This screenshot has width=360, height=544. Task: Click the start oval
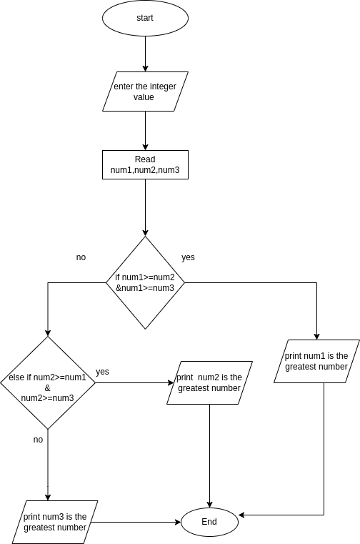pos(145,19)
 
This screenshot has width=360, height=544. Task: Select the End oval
pos(209,522)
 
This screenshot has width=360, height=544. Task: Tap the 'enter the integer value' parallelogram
pos(145,92)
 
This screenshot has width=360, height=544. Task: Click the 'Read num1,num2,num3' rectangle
pos(145,164)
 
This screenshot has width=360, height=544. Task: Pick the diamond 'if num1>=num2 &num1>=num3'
pos(145,282)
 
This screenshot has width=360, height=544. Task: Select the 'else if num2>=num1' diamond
pos(48,382)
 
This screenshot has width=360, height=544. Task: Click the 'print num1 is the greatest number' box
pos(316,361)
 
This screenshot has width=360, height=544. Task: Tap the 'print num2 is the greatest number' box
pos(209,382)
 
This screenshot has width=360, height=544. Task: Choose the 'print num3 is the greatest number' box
pos(55,522)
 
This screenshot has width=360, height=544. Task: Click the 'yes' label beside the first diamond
pos(188,257)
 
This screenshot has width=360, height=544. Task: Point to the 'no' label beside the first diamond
pos(81,257)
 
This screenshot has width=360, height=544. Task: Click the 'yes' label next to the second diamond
pos(102,372)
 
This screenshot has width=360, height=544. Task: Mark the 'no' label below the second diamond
pos(38,440)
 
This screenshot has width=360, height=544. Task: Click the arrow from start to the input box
pos(145,54)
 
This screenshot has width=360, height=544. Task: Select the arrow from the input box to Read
pos(145,130)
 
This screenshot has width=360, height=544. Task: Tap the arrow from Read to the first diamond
pos(145,207)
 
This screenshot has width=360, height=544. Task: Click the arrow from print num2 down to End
pos(209,458)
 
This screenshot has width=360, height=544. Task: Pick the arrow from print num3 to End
pos(136,522)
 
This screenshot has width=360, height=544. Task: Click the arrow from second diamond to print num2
pos(132,382)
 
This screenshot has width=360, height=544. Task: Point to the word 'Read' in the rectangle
pos(145,159)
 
